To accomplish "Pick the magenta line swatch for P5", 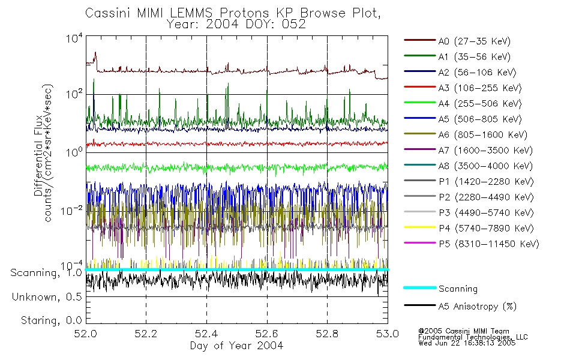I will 419,244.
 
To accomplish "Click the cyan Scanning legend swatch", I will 419,289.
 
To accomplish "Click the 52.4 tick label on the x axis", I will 206,334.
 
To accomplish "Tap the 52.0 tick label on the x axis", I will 86,334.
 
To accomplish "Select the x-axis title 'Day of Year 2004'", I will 236,346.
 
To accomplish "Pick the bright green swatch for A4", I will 419,104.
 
